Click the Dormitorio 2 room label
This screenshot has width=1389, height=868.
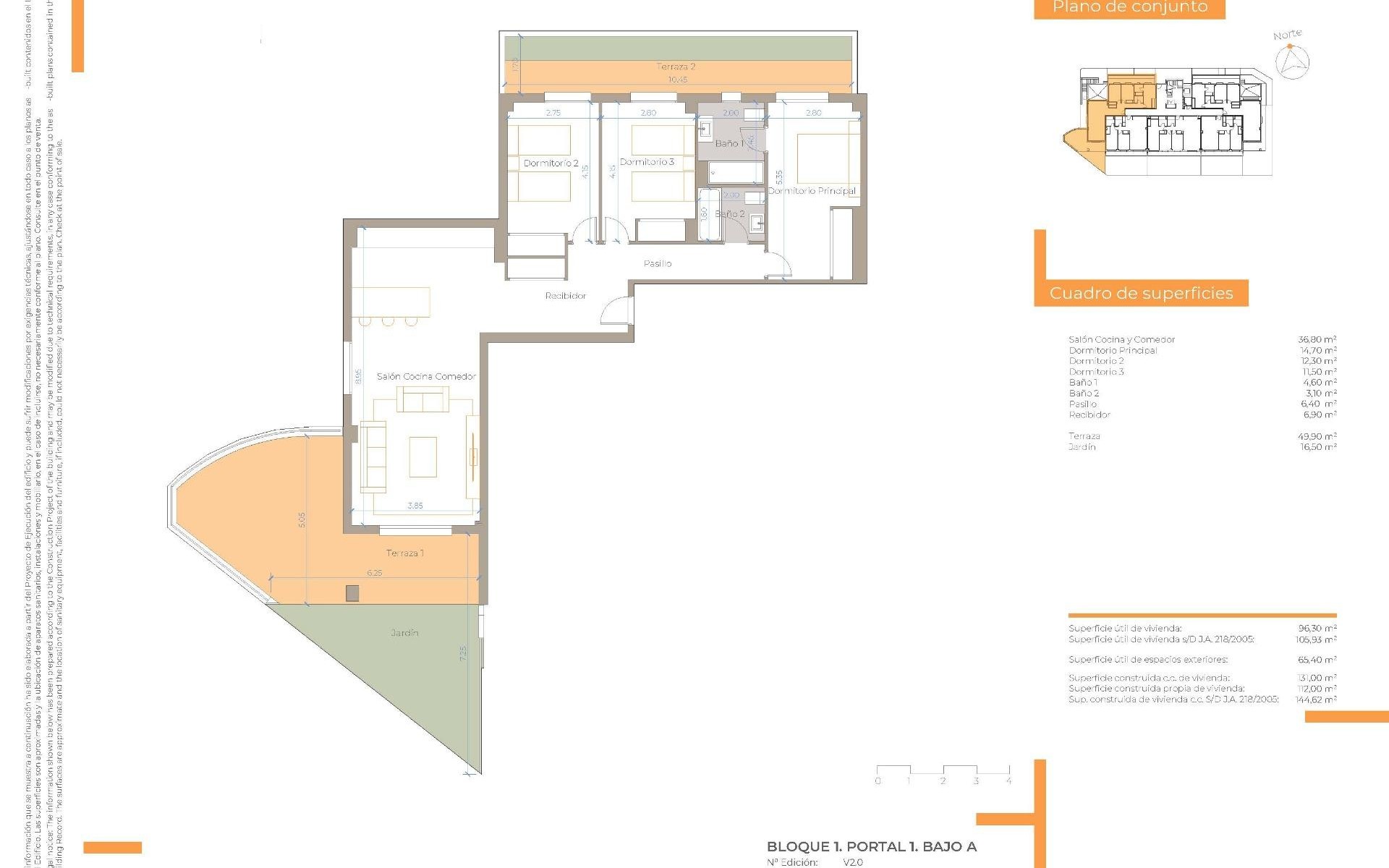pyautogui.click(x=551, y=163)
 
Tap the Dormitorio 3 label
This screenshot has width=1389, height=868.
pyautogui.click(x=647, y=162)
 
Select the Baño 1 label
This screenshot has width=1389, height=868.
pyautogui.click(x=729, y=143)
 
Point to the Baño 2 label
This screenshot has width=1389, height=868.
pyautogui.click(x=729, y=214)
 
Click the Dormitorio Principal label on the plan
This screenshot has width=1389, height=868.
pyautogui.click(x=812, y=191)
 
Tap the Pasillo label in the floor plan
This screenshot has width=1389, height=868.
pyautogui.click(x=657, y=264)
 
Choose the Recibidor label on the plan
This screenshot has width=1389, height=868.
pyautogui.click(x=566, y=296)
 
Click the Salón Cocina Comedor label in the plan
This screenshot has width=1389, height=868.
pyautogui.click(x=426, y=376)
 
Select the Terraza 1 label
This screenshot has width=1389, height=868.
pyautogui.click(x=404, y=553)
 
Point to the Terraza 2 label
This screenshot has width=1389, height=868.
pyautogui.click(x=676, y=67)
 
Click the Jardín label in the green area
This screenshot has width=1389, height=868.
pyautogui.click(x=404, y=633)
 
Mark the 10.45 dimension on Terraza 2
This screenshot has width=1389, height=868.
pyautogui.click(x=677, y=80)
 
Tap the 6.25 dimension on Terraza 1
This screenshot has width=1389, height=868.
pyautogui.click(x=374, y=573)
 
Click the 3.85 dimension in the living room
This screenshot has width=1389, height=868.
pyautogui.click(x=415, y=506)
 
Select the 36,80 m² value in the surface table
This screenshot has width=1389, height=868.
pyautogui.click(x=1317, y=339)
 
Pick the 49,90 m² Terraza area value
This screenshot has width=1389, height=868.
pyautogui.click(x=1317, y=436)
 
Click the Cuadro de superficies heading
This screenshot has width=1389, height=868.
pyautogui.click(x=1141, y=294)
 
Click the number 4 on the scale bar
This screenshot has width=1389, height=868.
pyautogui.click(x=1008, y=781)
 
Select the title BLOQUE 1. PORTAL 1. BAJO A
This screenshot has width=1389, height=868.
pyautogui.click(x=871, y=846)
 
